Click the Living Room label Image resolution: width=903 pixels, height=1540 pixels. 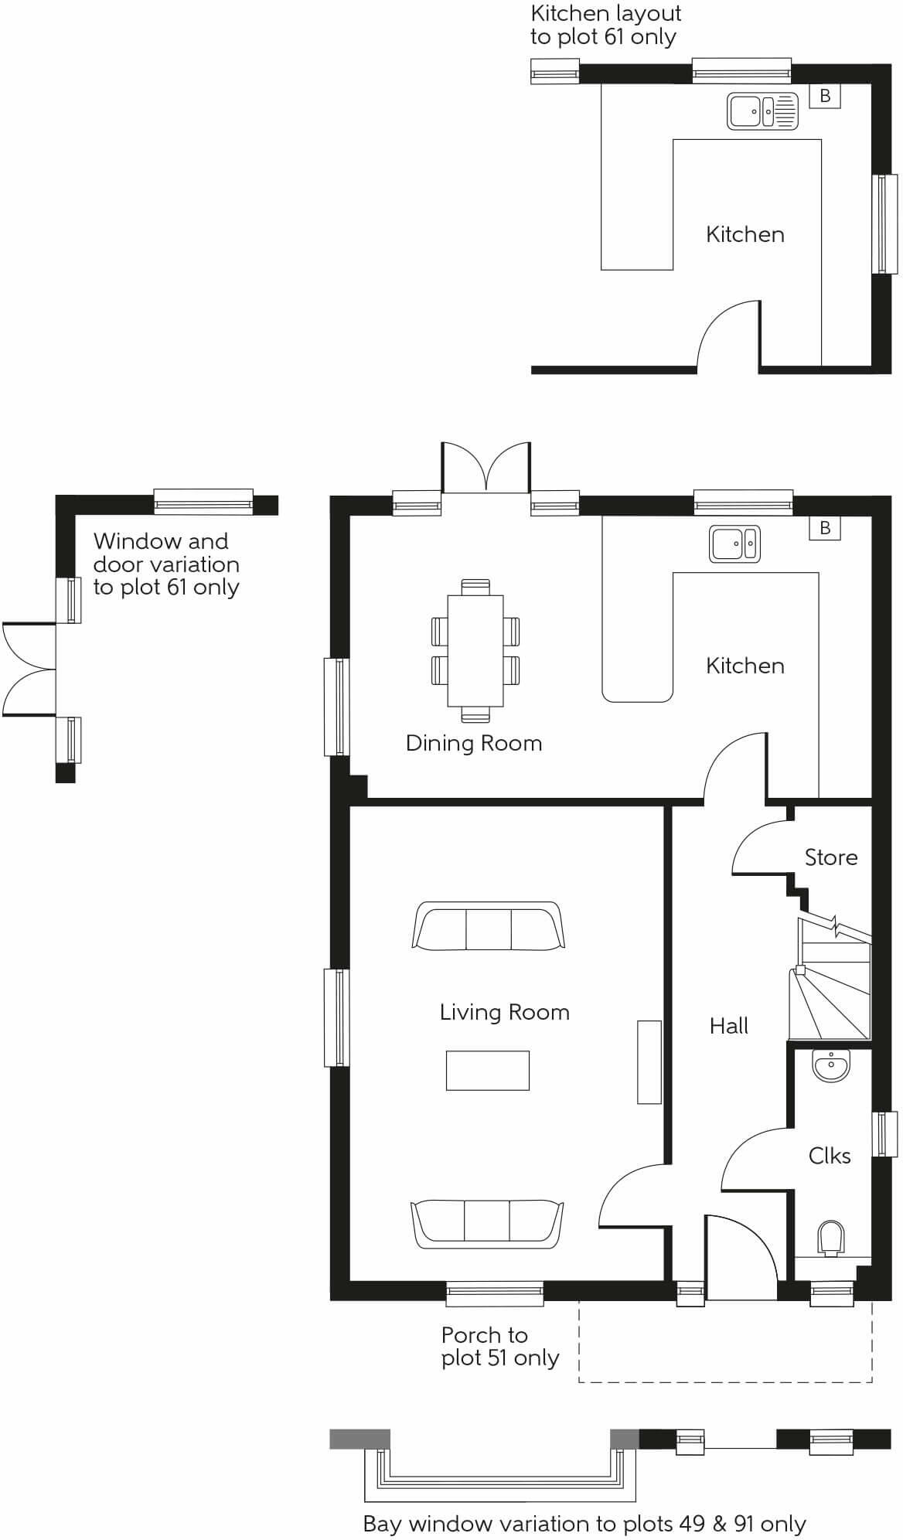pos(504,1012)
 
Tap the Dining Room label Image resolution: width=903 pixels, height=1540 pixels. pos(474,744)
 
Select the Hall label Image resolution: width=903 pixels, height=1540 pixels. pos(729,1026)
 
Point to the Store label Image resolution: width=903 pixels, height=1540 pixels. pos(831,857)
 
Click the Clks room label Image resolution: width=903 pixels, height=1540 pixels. pos(830,1156)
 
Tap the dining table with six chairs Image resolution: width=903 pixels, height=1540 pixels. pos(475,650)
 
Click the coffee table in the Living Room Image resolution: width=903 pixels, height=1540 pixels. pos(488,1071)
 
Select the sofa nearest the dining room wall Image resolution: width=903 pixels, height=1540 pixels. pos(488,926)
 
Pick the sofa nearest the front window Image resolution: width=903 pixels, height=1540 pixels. pos(487,1225)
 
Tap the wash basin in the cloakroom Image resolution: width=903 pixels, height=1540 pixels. pos(831,1065)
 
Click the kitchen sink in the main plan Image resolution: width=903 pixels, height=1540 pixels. pos(735,543)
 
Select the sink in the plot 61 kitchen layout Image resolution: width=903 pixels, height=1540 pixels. pos(762,111)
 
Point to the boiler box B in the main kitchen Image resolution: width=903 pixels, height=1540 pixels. pos(825,528)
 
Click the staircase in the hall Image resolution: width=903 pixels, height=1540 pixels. pos(830,978)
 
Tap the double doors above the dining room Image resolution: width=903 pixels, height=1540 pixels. pos(486,467)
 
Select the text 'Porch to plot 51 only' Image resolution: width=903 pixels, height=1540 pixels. pos(500,1347)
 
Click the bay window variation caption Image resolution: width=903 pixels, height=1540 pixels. pos(584,1525)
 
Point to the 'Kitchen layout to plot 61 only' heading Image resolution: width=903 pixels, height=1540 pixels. pos(605,25)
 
